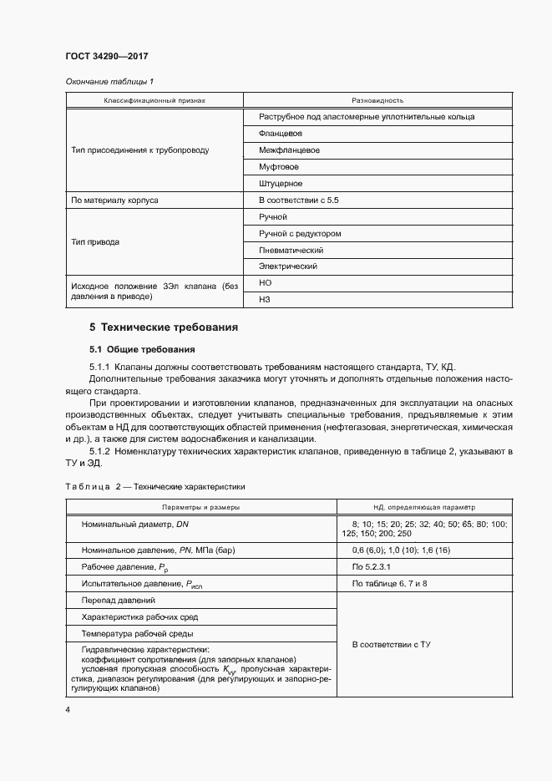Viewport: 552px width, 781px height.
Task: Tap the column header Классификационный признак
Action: [x=154, y=99]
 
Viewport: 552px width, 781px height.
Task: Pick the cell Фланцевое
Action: [x=281, y=134]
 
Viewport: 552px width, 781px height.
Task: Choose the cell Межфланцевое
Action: [x=289, y=150]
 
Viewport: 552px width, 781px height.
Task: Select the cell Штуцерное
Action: [x=281, y=184]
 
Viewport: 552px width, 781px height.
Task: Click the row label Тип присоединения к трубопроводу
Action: [x=141, y=150]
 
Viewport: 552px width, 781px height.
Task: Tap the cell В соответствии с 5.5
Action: [x=298, y=200]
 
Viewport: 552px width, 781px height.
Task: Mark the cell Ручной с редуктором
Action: [x=300, y=234]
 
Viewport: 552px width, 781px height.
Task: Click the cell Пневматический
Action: [x=291, y=251]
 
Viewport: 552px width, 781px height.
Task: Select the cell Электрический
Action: [x=288, y=267]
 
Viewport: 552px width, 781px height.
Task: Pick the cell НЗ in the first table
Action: [x=266, y=300]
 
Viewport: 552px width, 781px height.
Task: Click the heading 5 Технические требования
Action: [x=163, y=327]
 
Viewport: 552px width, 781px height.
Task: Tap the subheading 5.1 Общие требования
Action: [x=142, y=349]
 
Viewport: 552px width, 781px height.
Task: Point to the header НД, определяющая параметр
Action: [x=423, y=507]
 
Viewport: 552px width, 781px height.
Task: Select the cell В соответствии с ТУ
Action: [x=391, y=645]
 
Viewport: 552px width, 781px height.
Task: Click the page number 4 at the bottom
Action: [x=68, y=709]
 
